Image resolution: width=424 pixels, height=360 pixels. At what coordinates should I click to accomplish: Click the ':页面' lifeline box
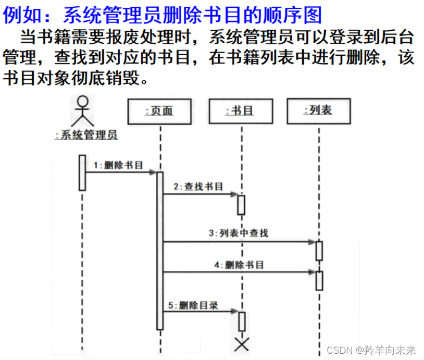[159, 111]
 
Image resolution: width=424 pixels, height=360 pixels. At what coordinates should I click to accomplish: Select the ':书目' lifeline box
[240, 111]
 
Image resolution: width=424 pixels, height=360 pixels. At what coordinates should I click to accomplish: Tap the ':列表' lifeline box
[318, 110]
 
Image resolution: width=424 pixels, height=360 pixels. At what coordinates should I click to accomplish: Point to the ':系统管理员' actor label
[86, 135]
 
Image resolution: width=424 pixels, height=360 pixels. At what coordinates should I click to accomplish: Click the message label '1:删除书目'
[118, 165]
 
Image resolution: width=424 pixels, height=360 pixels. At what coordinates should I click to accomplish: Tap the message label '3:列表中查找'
[239, 233]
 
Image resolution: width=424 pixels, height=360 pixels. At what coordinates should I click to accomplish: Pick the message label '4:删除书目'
[239, 265]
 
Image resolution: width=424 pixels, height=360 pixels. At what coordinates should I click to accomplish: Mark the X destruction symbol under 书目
[242, 343]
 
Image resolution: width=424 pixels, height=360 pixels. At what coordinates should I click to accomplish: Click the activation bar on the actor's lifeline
[82, 172]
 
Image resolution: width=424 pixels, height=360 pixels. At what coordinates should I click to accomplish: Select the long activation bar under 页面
[160, 250]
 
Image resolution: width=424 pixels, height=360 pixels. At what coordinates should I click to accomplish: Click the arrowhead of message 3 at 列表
[312, 242]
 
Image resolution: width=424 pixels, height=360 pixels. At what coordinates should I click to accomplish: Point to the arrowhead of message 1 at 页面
[153, 172]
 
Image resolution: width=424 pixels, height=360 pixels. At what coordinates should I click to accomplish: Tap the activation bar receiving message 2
[241, 204]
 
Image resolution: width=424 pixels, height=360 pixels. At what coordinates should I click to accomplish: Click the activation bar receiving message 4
[319, 280]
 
